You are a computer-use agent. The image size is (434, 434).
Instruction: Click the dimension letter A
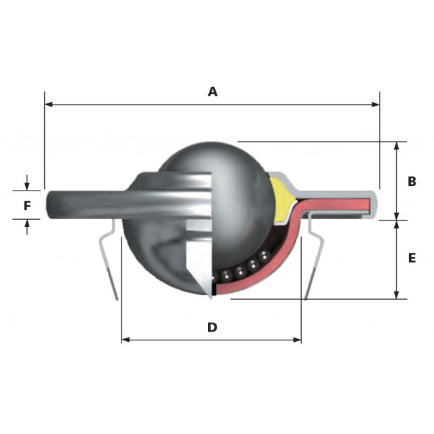tap(212, 92)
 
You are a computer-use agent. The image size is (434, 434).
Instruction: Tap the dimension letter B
tap(411, 181)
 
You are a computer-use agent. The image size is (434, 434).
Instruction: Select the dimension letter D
tap(212, 328)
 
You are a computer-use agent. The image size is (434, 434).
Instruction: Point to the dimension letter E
tap(411, 258)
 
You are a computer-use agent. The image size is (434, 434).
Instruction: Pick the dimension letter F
tap(27, 205)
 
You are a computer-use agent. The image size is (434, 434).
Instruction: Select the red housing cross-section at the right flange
tap(339, 201)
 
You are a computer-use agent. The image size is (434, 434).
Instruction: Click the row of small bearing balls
tap(241, 268)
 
